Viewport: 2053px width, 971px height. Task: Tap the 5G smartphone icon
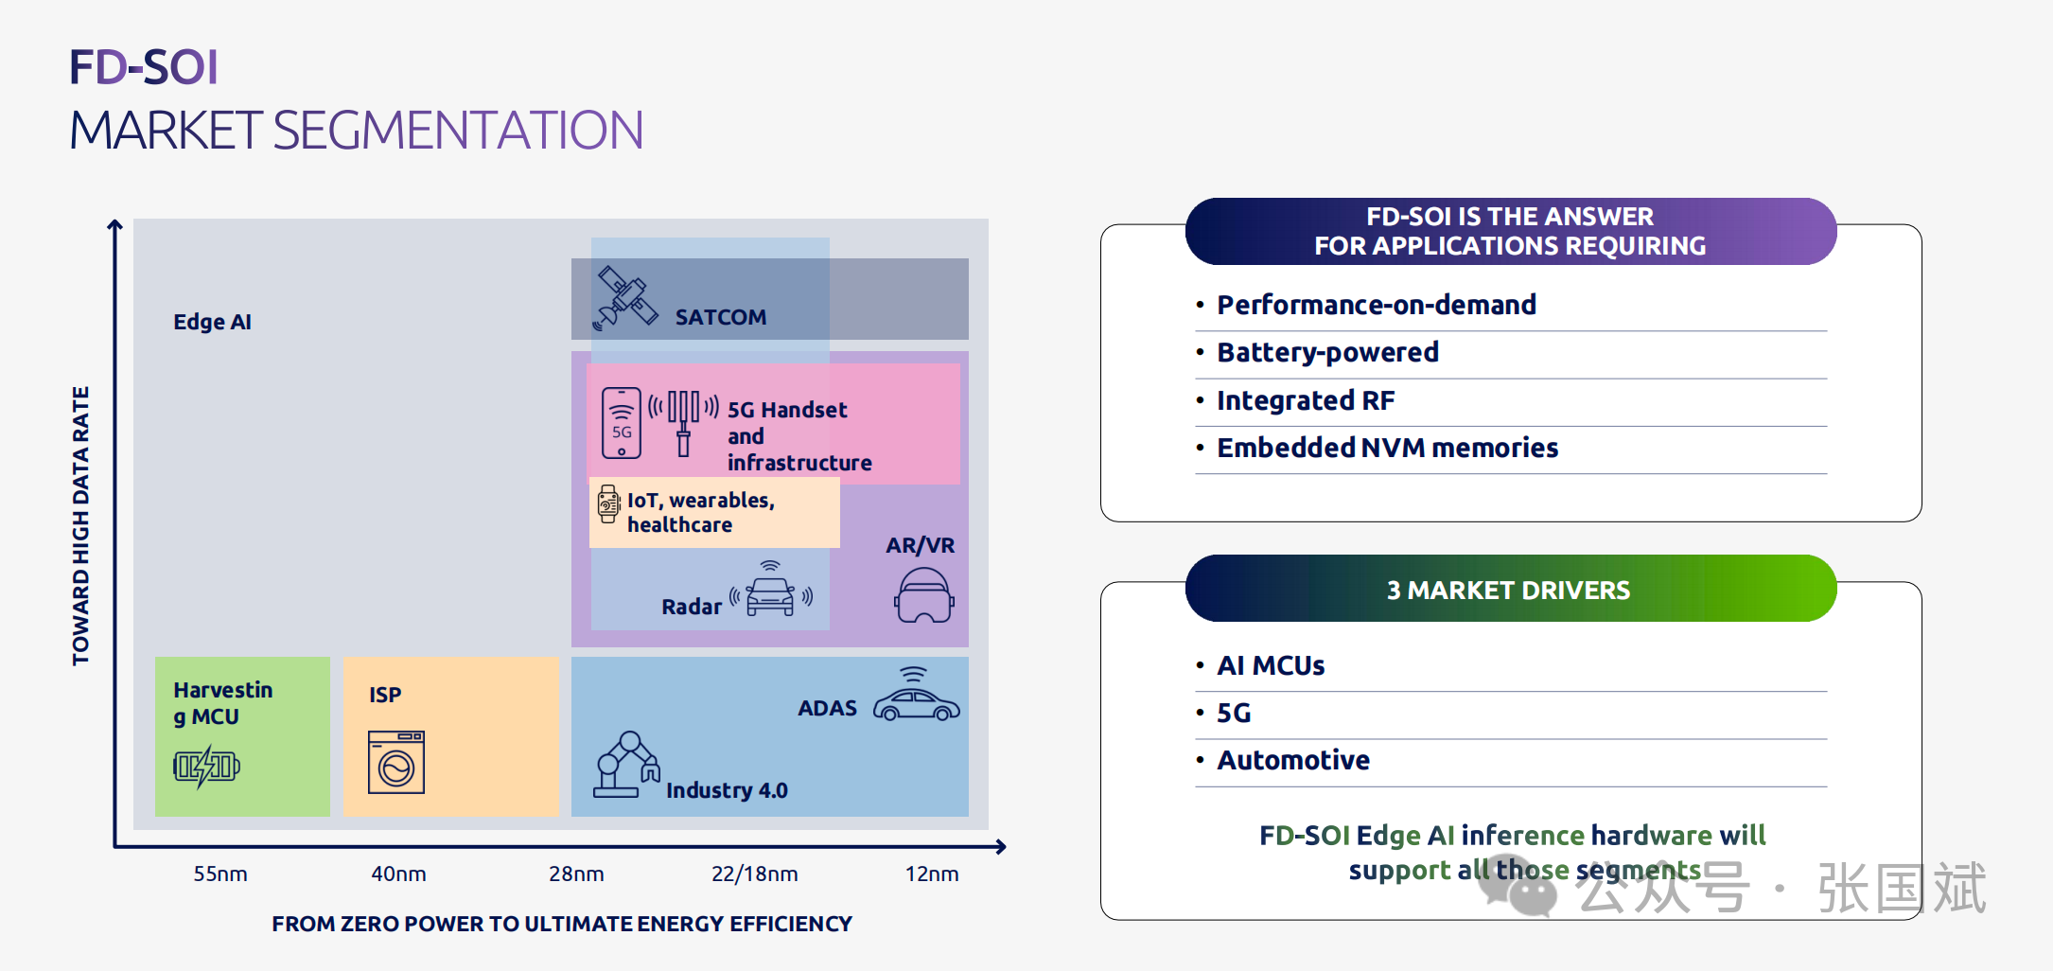622,423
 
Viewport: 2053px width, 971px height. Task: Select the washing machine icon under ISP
396,762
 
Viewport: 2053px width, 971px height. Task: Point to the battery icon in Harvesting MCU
206,766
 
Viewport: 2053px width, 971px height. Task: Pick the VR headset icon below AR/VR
924,595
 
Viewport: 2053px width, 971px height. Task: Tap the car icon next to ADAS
916,698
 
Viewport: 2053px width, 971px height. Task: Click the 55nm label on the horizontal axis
220,874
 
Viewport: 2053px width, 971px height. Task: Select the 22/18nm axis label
754,874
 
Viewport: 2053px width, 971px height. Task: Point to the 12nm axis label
932,874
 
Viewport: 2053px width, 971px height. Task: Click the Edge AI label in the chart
212,322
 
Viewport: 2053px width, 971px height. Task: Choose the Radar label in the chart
692,607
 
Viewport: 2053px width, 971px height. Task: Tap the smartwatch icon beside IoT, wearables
608,504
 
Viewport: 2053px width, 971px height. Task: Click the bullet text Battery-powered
1327,352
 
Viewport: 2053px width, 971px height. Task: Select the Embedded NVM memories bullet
1387,448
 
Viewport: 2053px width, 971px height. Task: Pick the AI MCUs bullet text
1271,665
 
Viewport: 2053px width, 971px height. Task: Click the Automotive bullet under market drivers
1293,760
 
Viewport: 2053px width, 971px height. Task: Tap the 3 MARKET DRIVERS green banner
1510,589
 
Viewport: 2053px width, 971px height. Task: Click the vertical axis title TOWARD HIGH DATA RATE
81,525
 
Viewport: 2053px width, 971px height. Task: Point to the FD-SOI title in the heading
144,67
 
